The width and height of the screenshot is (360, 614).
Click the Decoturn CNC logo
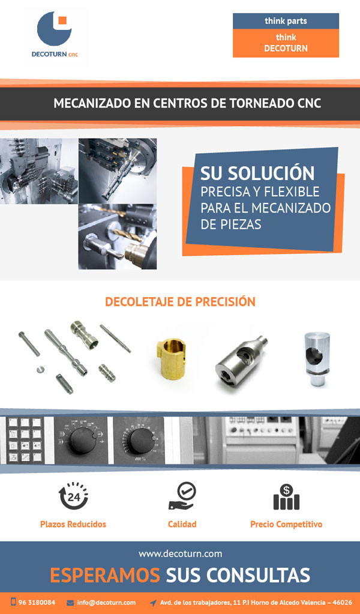(x=55, y=34)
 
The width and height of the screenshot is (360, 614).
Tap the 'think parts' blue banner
(x=286, y=21)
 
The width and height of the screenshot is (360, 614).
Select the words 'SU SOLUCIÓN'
(x=257, y=173)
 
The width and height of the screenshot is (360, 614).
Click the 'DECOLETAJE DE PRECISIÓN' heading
(x=180, y=302)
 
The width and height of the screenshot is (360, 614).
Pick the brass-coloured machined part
(x=172, y=354)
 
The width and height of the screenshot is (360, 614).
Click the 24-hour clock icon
(x=73, y=495)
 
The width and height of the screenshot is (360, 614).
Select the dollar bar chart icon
(x=286, y=496)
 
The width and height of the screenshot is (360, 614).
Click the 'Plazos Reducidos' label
(x=73, y=524)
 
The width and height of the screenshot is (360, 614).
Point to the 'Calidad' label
(x=182, y=524)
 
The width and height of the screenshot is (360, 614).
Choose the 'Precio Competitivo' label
(x=286, y=524)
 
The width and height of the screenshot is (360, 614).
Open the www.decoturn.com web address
(x=180, y=554)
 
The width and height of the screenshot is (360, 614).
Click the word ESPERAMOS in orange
(x=105, y=575)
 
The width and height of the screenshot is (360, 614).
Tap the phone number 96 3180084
(x=37, y=602)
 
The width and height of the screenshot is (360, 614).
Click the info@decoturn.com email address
(x=106, y=602)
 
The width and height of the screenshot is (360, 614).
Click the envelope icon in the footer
(x=70, y=602)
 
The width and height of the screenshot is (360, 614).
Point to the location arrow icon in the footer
(x=153, y=603)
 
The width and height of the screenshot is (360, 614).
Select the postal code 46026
(x=342, y=602)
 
